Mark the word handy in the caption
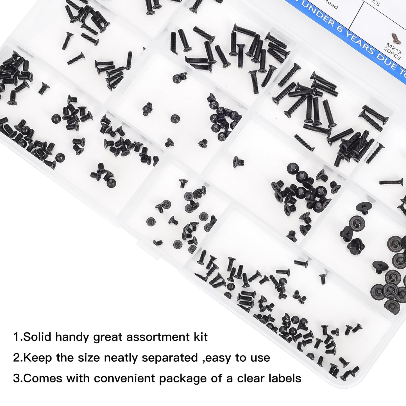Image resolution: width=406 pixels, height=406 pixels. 71,337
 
